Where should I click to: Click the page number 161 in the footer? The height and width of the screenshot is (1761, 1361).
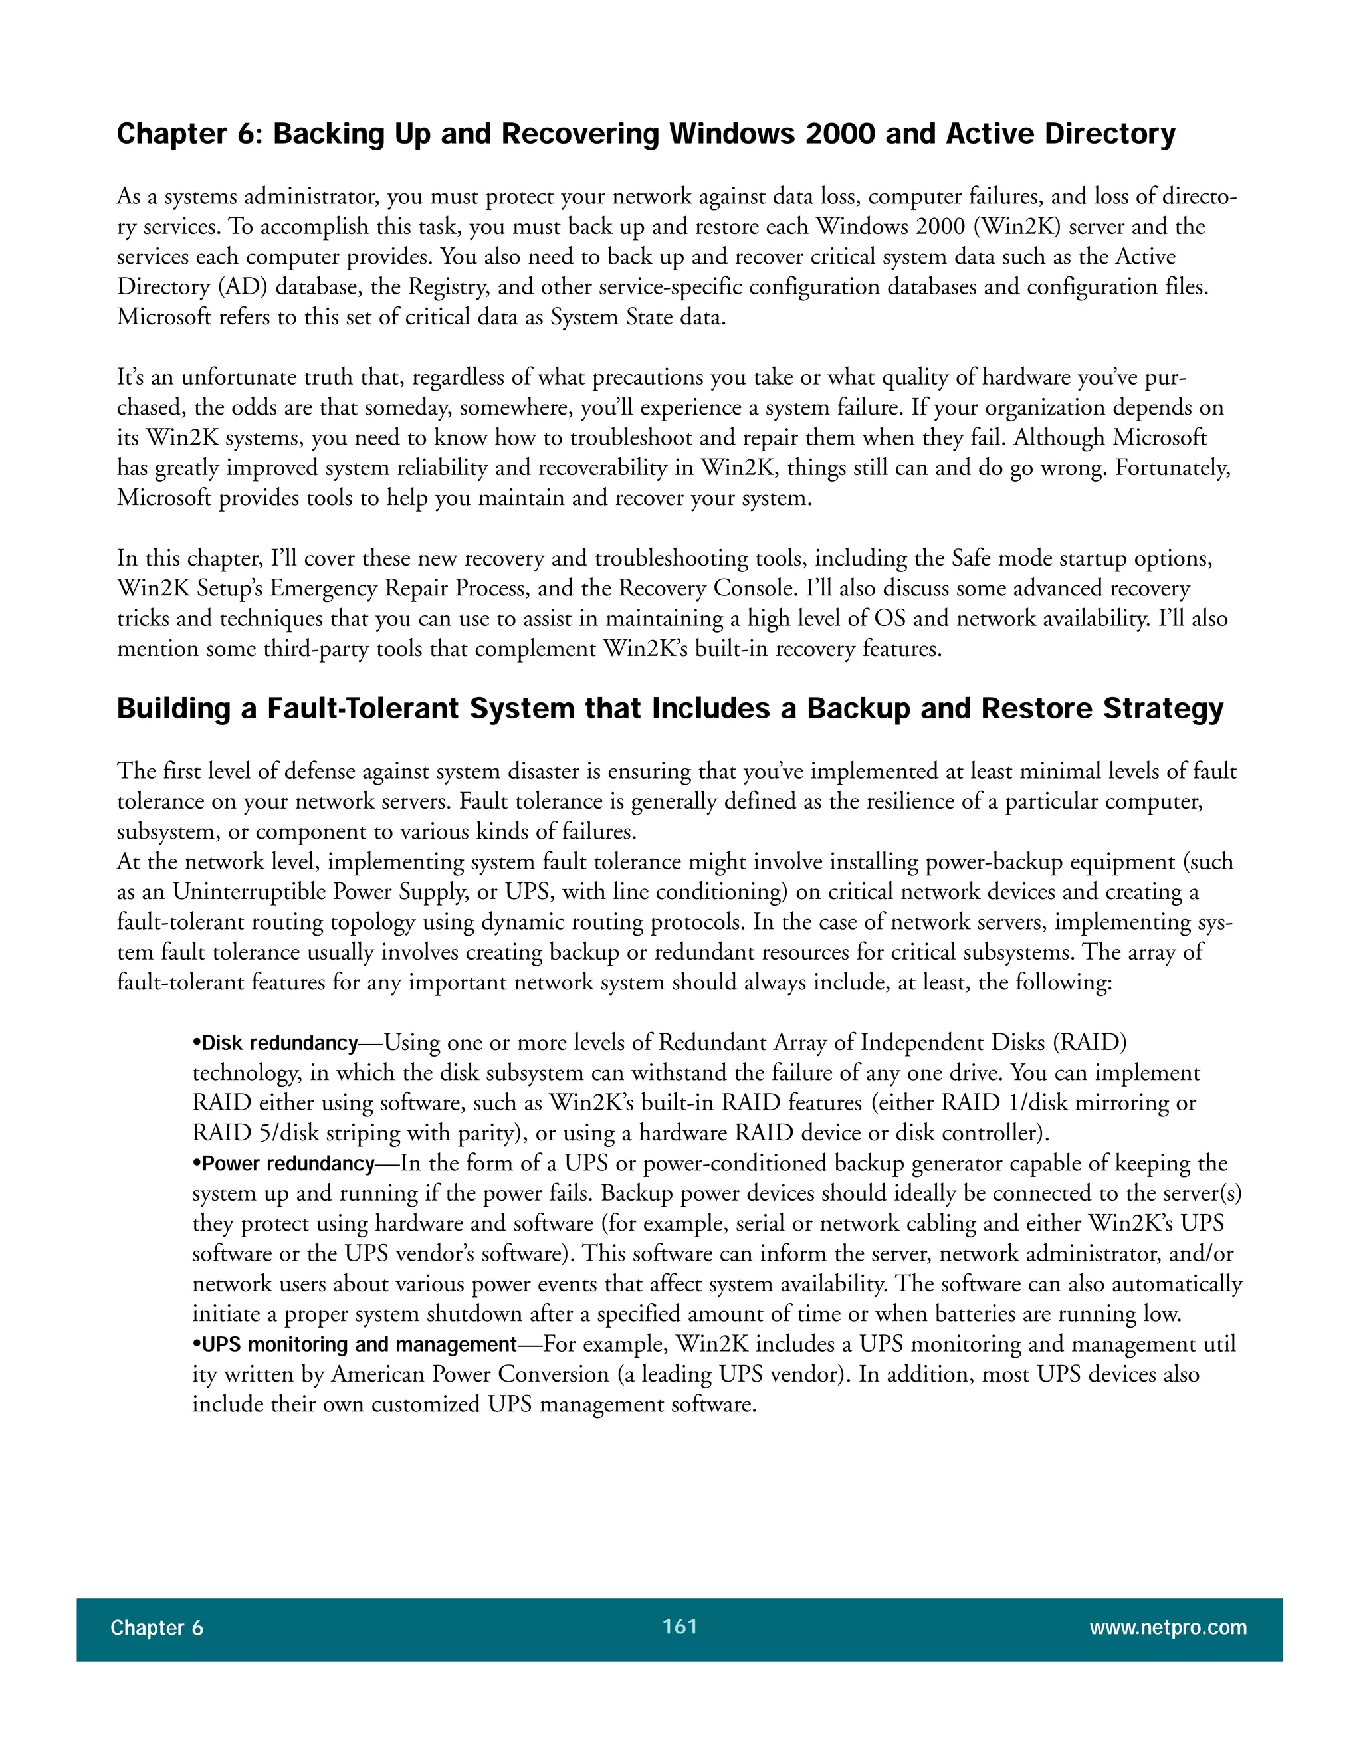[x=679, y=1626]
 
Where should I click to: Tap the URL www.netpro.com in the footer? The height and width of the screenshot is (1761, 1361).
[x=1168, y=1627]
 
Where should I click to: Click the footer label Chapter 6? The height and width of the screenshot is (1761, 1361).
[x=156, y=1628]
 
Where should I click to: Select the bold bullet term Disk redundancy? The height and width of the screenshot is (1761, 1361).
[x=279, y=1043]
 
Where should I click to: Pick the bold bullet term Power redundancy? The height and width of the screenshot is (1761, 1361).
[x=288, y=1164]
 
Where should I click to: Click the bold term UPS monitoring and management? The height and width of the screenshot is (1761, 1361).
[x=359, y=1344]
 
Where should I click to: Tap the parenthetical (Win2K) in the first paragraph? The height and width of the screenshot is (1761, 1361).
[x=1017, y=227]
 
